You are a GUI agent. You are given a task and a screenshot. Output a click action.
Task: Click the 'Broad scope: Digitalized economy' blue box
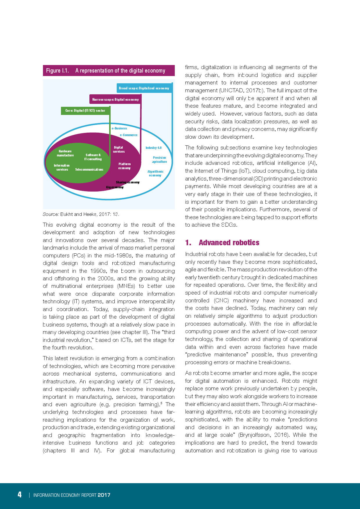(144, 88)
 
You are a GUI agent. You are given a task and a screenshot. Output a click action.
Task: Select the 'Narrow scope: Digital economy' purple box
(115, 100)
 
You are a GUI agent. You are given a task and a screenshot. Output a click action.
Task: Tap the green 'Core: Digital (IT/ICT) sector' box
(85, 111)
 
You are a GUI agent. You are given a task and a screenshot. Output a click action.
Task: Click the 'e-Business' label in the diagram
(119, 128)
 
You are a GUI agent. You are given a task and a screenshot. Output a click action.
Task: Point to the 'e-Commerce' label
(129, 135)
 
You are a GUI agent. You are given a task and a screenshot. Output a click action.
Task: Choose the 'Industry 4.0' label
(154, 148)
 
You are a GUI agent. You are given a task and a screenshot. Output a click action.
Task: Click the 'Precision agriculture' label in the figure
(159, 160)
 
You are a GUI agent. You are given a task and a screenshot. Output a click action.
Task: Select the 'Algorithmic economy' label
(155, 174)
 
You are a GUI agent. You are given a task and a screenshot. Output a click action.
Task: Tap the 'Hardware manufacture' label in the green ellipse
(65, 153)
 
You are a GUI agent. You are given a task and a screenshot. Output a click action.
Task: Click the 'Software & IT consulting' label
(93, 157)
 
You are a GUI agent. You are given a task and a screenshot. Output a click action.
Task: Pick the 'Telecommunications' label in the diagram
(89, 169)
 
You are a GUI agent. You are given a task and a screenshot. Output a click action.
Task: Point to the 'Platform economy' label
(125, 166)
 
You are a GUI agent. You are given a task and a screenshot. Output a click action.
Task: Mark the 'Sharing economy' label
(128, 182)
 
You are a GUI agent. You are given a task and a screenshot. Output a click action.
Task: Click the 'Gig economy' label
(115, 187)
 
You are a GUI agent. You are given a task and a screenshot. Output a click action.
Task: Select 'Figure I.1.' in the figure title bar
(57, 71)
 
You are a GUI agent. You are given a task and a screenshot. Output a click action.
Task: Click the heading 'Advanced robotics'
(229, 243)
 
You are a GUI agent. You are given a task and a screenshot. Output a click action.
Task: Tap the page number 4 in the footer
(19, 494)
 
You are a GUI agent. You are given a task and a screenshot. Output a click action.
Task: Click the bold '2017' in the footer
(104, 495)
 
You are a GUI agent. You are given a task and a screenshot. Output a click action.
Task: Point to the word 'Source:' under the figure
(51, 214)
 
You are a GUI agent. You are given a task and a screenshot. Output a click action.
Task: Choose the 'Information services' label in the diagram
(62, 167)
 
